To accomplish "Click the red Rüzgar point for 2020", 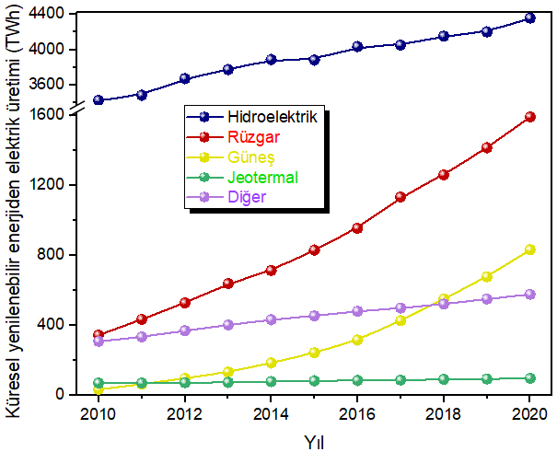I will [x=530, y=117].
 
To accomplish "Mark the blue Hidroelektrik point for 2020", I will [x=530, y=17].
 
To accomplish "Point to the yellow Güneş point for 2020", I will [x=530, y=249].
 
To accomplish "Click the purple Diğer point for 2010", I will [x=98, y=342].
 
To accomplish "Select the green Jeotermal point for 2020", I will [x=530, y=377].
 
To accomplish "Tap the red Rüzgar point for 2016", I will [x=357, y=227].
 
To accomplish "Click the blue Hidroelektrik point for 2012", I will [x=184, y=79].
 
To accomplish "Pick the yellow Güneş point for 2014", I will [x=271, y=363].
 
